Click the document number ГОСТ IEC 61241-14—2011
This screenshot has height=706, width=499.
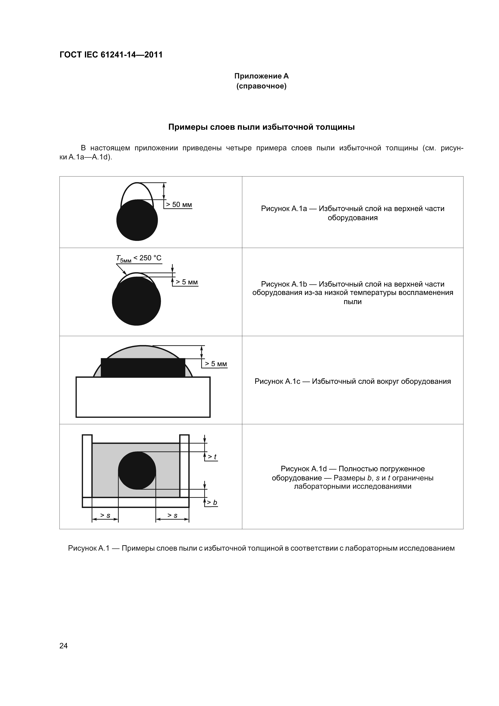111,55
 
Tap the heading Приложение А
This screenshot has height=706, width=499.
261,76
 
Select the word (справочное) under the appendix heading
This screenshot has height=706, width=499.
261,86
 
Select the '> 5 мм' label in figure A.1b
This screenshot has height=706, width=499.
186,282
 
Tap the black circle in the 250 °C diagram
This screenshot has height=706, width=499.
136,301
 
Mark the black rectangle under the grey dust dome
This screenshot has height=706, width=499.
143,368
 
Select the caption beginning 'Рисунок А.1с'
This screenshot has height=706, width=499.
352,382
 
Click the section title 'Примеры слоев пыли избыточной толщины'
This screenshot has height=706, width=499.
261,127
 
